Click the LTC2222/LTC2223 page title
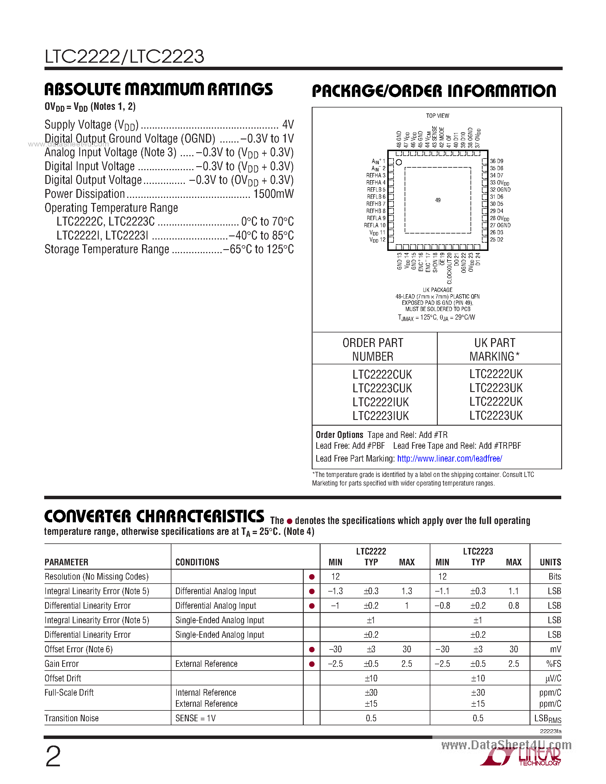(124, 56)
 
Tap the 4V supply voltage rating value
(288, 125)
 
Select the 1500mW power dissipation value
(273, 194)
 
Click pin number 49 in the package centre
(438, 200)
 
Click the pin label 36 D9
(496, 161)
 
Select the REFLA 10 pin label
(375, 225)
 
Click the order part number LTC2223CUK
(382, 388)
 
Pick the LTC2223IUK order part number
(380, 416)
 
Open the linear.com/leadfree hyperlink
(449, 458)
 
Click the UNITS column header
(550, 562)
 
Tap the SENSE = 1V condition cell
(195, 718)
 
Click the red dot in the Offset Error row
(312, 649)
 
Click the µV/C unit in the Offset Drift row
(553, 679)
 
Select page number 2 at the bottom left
(53, 756)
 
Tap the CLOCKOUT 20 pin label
(449, 268)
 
